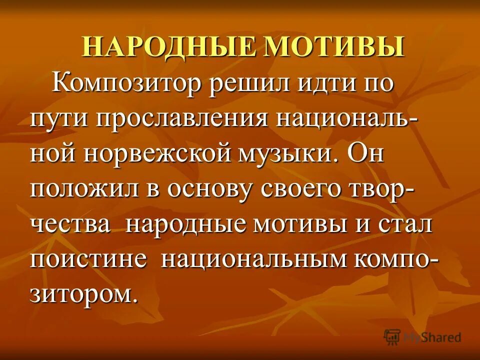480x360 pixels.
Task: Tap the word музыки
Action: (285, 154)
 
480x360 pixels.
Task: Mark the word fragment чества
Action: (70, 224)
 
